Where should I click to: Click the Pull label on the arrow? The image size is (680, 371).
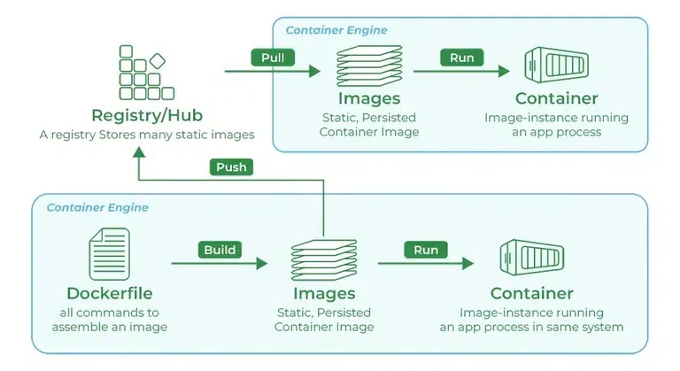(x=272, y=58)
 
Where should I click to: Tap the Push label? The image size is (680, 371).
(x=232, y=166)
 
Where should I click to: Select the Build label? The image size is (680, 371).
(x=220, y=250)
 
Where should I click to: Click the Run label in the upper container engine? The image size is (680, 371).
(x=462, y=58)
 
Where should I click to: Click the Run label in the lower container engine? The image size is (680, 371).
(x=426, y=250)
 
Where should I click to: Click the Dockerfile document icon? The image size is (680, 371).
(x=109, y=254)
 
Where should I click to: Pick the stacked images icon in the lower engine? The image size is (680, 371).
(x=323, y=259)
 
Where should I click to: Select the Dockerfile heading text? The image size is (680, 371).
(x=110, y=293)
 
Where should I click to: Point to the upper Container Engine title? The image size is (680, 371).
(x=336, y=30)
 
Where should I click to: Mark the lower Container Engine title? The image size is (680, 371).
(x=97, y=208)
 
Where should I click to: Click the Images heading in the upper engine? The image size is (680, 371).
(x=369, y=98)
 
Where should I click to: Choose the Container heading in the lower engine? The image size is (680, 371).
(x=531, y=293)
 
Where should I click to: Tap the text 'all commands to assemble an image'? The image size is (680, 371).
(x=110, y=320)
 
